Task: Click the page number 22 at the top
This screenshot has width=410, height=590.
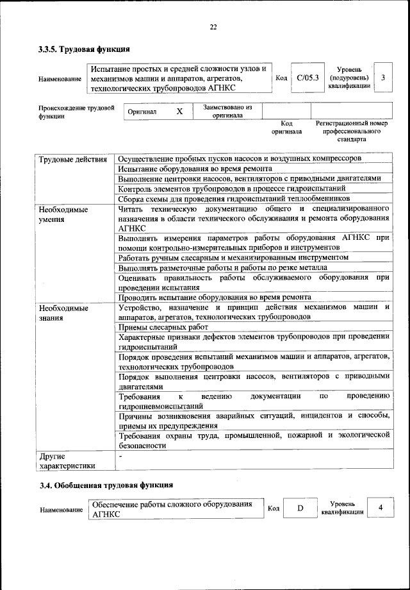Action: point(213,27)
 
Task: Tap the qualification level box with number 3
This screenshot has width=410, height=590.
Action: point(382,78)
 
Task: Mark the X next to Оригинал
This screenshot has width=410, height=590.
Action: point(179,111)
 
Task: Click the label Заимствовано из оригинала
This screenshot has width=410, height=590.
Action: point(227,111)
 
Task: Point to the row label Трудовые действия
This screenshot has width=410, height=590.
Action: point(72,158)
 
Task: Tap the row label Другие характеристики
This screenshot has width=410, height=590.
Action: point(67,460)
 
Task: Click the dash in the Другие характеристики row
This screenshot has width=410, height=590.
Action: point(120,455)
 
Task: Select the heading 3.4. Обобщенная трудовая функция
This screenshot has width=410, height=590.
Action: point(106,485)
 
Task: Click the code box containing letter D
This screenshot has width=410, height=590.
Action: point(299,509)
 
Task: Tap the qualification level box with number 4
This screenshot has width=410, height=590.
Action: point(381,508)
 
